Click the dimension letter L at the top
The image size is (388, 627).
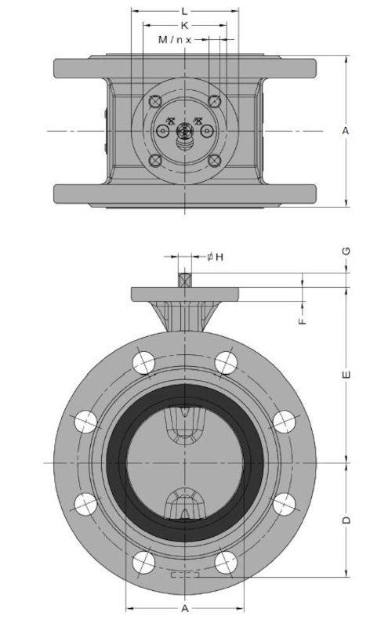point(184,11)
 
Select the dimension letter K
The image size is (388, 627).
point(184,26)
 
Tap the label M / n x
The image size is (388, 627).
point(176,40)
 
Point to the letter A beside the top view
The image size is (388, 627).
point(346,131)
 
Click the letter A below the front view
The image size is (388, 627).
point(185,609)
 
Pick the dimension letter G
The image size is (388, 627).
point(346,251)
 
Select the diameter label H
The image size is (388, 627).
point(216,257)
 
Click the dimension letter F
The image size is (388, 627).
point(303,321)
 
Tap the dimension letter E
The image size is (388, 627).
point(346,375)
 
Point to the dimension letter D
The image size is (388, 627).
point(346,520)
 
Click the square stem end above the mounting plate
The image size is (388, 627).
point(184,280)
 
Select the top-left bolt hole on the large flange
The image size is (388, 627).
point(143,363)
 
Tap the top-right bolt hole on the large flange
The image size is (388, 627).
point(226,363)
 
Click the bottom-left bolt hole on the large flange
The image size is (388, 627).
point(143,562)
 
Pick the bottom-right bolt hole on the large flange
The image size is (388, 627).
point(226,562)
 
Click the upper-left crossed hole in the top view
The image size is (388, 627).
point(154,101)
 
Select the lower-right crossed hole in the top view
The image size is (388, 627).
point(215,161)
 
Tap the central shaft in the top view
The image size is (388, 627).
point(184,131)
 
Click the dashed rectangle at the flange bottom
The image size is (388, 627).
point(185,575)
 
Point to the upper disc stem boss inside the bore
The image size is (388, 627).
point(185,425)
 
